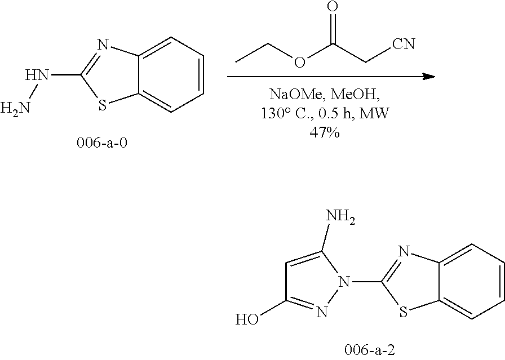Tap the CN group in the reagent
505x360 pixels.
coord(403,44)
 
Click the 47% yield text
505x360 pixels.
coord(323,134)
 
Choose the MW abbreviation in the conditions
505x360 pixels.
coord(378,114)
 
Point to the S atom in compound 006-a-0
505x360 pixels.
coord(101,104)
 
